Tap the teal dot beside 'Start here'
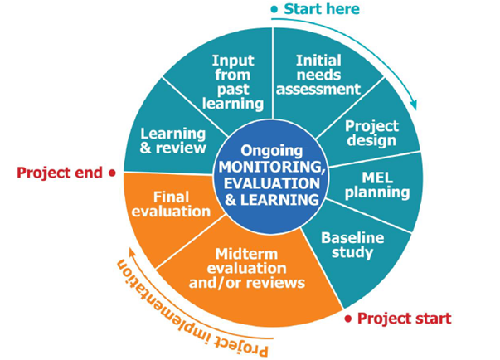pos(274,9)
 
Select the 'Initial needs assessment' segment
pos(328,75)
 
